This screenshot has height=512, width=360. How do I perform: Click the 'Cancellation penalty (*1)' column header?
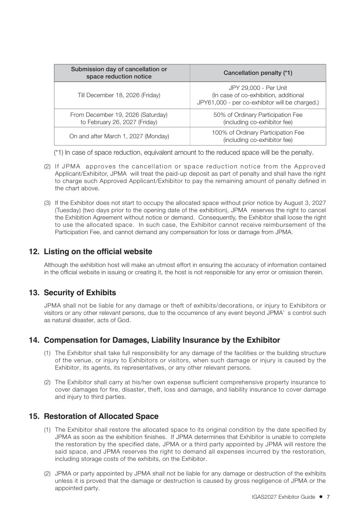pyautogui.click(x=258, y=73)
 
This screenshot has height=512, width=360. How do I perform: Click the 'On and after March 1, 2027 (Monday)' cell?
pyautogui.click(x=119, y=136)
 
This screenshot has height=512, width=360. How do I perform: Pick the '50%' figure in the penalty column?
pyautogui.click(x=219, y=115)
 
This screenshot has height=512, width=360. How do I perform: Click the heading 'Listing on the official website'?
pyautogui.click(x=98, y=252)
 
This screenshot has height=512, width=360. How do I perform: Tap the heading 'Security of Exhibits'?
pyautogui.click(x=80, y=293)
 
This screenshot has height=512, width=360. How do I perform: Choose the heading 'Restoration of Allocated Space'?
pyautogui.click(x=101, y=416)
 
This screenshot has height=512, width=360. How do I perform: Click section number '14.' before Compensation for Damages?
pyautogui.click(x=34, y=340)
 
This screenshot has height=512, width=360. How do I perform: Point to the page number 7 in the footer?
pyautogui.click(x=328, y=497)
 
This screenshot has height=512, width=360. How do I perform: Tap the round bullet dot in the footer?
pyautogui.click(x=321, y=497)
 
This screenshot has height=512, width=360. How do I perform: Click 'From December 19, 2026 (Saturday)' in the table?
pyautogui.click(x=119, y=115)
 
